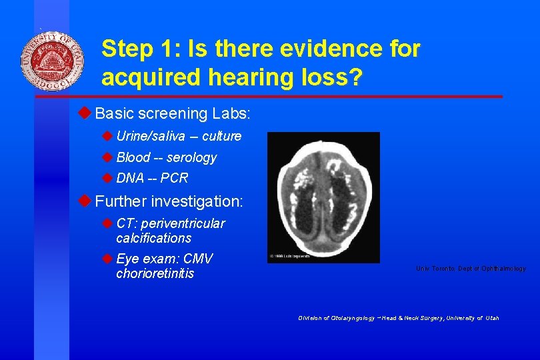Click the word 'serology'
(x=192, y=158)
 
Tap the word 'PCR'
(x=174, y=178)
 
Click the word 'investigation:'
(x=197, y=201)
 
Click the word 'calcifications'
(x=153, y=238)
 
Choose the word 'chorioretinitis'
(x=155, y=274)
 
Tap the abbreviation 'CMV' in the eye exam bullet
(x=198, y=259)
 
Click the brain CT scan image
(x=323, y=197)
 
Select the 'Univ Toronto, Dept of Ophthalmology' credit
(x=471, y=269)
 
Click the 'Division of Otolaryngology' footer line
(x=398, y=318)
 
